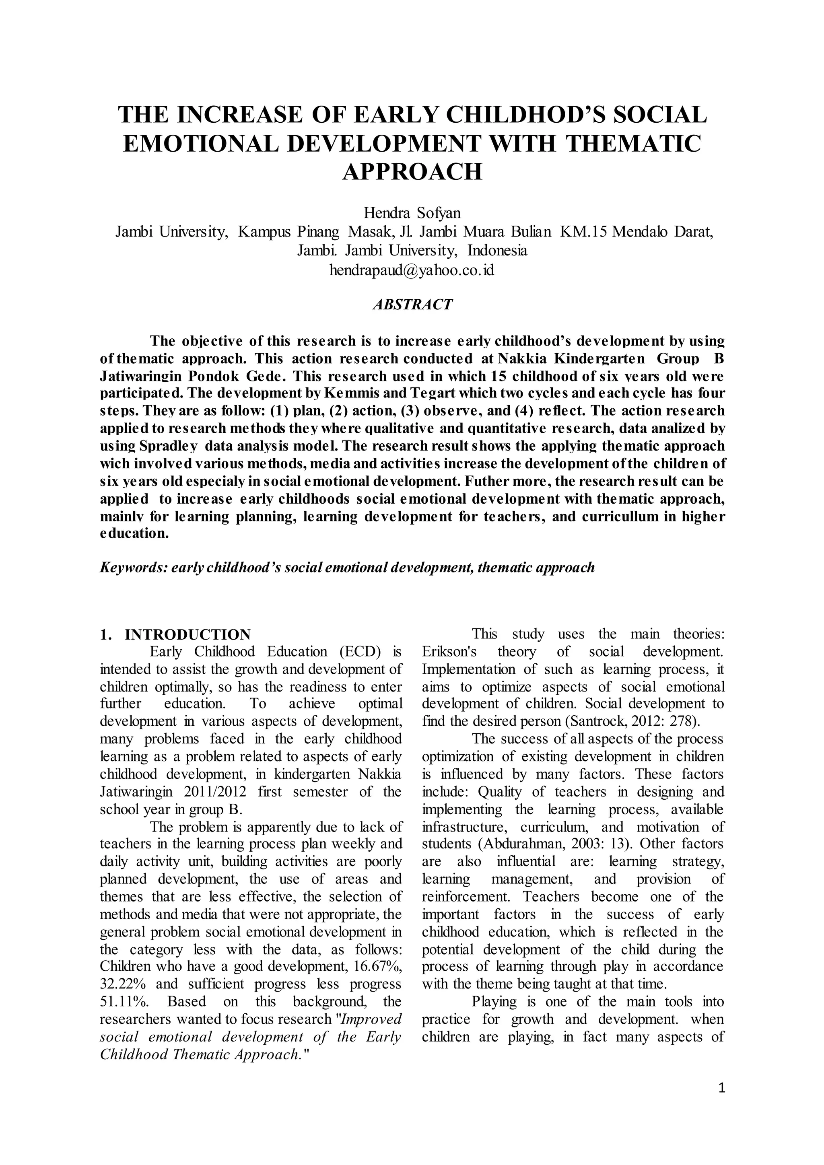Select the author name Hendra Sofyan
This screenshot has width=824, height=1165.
412,212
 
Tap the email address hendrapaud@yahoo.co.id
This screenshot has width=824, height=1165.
412,270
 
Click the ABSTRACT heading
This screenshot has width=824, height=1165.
412,305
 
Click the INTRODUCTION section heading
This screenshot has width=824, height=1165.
188,635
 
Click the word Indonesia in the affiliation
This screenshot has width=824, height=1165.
497,251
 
